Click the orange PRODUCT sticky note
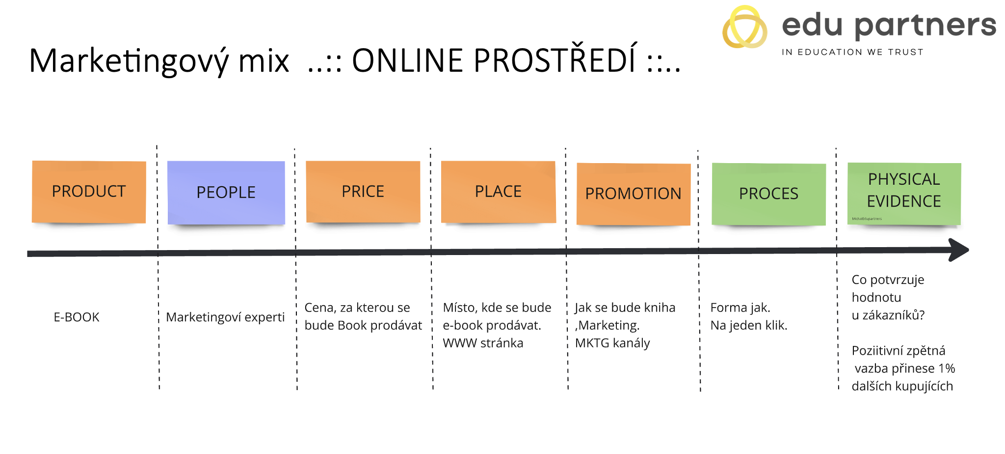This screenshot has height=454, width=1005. pos(89,192)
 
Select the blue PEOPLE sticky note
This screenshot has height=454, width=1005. pos(226,193)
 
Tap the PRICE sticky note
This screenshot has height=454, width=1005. pos(363,192)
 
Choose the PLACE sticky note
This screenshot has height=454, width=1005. pos(498,192)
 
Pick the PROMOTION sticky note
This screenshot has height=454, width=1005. pos(634,194)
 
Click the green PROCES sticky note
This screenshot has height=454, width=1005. pos(768,194)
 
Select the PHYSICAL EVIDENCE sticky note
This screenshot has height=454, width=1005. pos(904,193)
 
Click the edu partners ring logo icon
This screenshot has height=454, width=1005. pos(744,28)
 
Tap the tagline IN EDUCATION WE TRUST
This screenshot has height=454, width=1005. pos(852,52)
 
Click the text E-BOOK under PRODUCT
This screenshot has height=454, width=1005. pos(77,317)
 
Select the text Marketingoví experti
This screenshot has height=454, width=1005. pos(225,317)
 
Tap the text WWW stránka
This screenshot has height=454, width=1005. pos(483,343)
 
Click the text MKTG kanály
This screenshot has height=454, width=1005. pos(612,343)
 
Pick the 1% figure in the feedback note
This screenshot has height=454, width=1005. pos(947,369)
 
